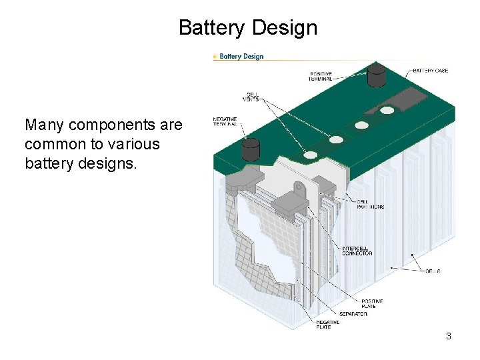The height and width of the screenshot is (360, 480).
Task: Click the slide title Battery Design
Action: pyautogui.click(x=248, y=28)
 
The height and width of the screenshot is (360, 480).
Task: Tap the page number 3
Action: pyautogui.click(x=449, y=337)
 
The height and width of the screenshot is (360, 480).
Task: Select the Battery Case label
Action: pyautogui.click(x=431, y=70)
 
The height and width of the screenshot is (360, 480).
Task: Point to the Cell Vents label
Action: pyautogui.click(x=253, y=97)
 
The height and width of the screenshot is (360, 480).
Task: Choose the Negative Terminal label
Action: pyautogui.click(x=227, y=122)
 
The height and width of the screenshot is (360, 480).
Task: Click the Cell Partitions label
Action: pyautogui.click(x=370, y=205)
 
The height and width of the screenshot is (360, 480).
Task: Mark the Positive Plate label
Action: pyautogui.click(x=372, y=303)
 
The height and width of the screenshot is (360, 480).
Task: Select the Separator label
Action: pyautogui.click(x=353, y=314)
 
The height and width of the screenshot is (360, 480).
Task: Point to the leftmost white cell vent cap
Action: pyautogui.click(x=311, y=155)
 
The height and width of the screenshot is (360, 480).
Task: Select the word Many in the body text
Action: pyautogui.click(x=40, y=125)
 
